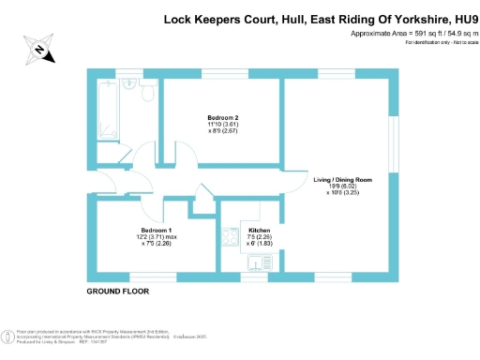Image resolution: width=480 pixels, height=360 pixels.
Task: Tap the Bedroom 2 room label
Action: [x=222, y=116]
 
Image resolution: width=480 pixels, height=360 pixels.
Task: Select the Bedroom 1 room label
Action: [x=157, y=229]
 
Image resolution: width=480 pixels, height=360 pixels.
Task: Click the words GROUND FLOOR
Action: [x=117, y=292]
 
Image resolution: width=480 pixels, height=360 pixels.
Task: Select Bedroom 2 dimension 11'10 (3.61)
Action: [x=222, y=125]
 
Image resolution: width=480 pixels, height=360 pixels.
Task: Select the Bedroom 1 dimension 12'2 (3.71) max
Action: [x=157, y=237]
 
